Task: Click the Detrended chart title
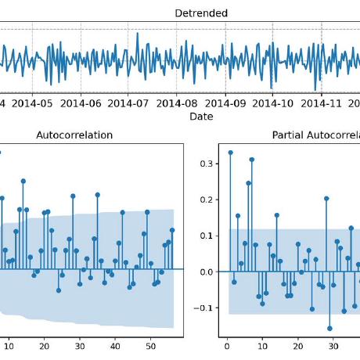pos(200,13)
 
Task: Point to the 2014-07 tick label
pos(130,103)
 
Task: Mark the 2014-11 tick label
pos(322,103)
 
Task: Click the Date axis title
pos(200,117)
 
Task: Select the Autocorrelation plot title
pos(74,135)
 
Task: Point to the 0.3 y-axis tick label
pos(205,164)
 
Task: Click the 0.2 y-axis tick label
pos(205,200)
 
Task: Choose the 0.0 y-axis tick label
pos(205,272)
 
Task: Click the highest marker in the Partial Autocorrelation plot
pos(230,153)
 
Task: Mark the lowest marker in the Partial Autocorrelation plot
pos(329,329)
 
